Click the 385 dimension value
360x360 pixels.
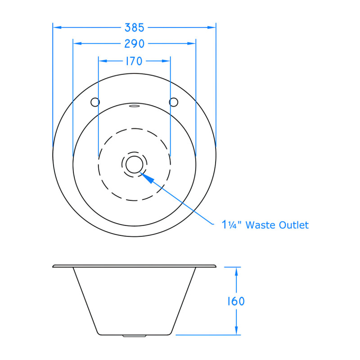coord(134,27)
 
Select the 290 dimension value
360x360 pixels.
coord(134,44)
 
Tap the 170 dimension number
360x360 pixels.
coord(134,61)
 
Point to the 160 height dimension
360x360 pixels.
coord(235,301)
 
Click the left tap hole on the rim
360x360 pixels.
coord(95,102)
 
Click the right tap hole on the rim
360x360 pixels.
coord(174,102)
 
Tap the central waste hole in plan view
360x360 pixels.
coord(134,164)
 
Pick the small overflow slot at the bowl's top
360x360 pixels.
coord(134,106)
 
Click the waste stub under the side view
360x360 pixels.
coord(134,336)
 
